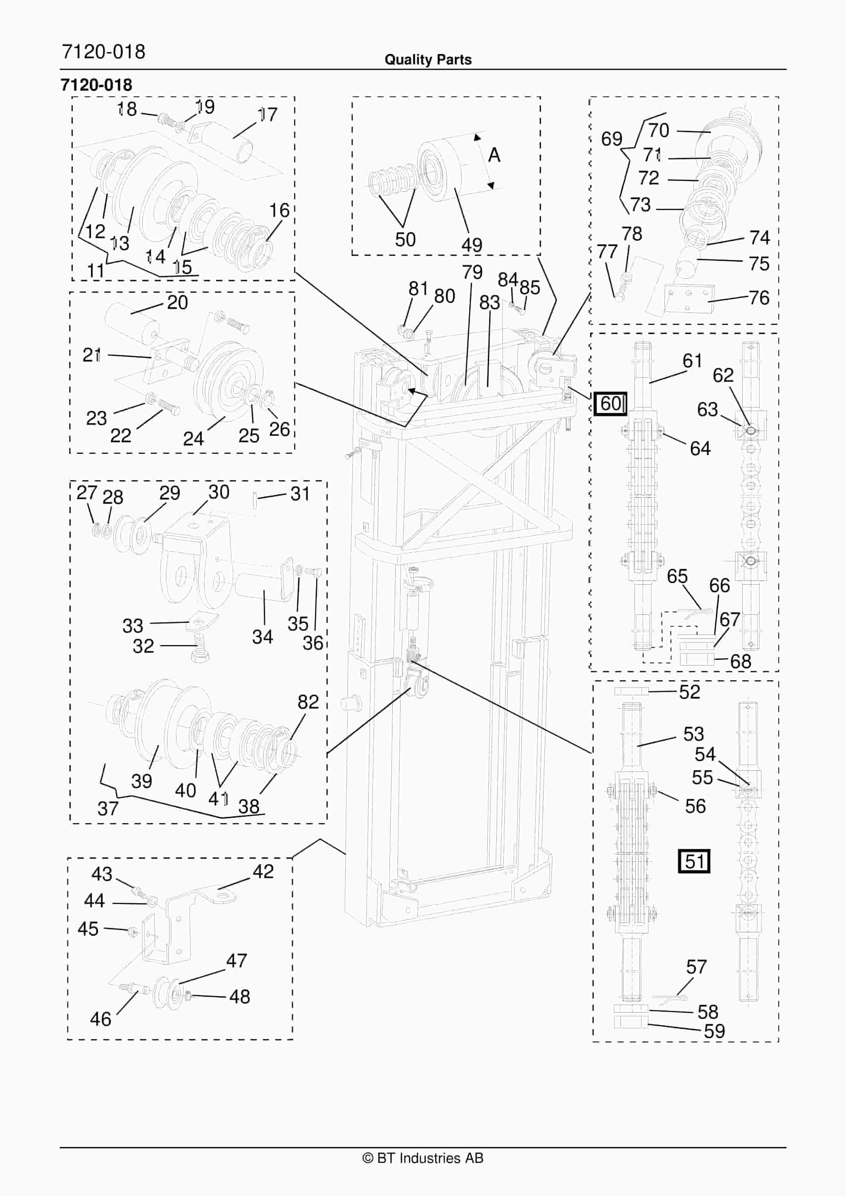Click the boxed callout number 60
click(x=611, y=404)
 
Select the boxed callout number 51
click(x=694, y=861)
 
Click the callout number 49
click(x=471, y=245)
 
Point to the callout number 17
click(x=267, y=114)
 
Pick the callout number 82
click(x=308, y=702)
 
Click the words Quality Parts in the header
click(x=428, y=60)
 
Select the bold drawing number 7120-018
click(x=96, y=85)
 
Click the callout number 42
click(x=263, y=871)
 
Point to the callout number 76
click(x=759, y=298)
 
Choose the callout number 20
click(x=177, y=302)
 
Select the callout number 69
click(x=612, y=139)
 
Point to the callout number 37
click(x=108, y=808)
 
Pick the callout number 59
click(x=714, y=1031)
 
